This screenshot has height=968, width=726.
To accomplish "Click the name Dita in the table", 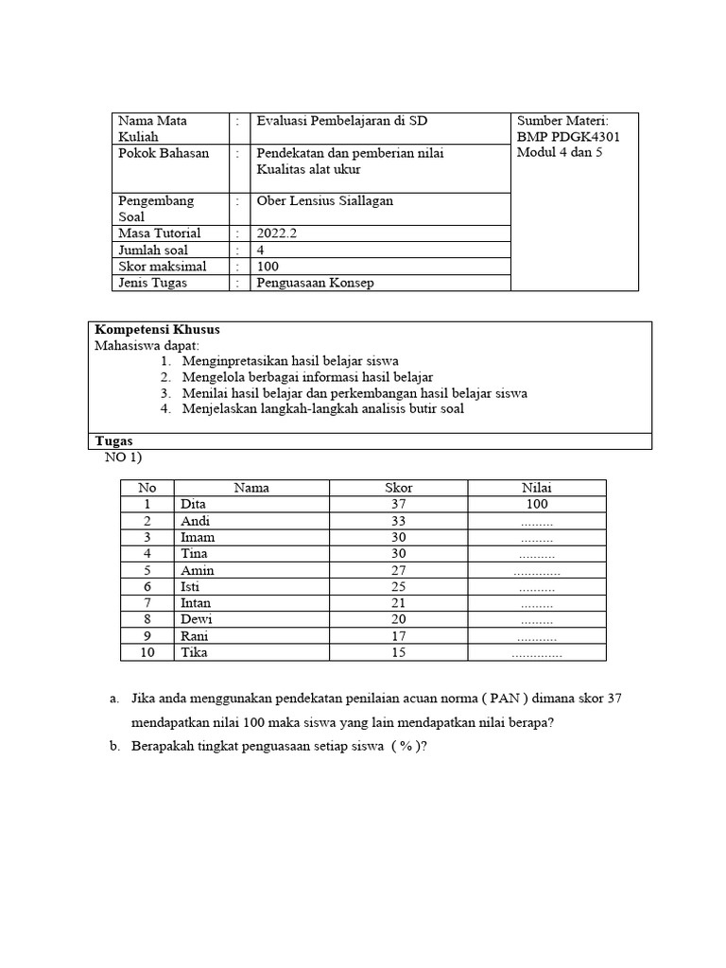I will tap(193, 505).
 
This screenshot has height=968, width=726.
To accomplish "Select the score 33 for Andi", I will tap(397, 521).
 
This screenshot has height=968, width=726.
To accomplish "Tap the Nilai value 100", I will tap(536, 505).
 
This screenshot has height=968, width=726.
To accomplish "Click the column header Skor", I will tap(398, 488).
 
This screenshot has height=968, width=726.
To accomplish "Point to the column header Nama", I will tap(251, 488).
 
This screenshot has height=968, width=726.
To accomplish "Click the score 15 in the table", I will tap(397, 652).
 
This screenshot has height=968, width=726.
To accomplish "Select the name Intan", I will tap(196, 603).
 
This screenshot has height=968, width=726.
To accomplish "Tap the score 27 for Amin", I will tap(397, 570).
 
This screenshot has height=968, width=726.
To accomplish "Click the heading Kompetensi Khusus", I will tap(158, 330).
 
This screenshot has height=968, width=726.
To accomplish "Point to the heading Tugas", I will tap(114, 441).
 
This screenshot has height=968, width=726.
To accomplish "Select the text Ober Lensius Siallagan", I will tap(325, 200).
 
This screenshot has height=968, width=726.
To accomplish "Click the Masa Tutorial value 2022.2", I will tap(276, 233).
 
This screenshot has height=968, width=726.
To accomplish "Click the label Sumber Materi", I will tap(562, 121).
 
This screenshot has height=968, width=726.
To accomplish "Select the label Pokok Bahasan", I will tap(164, 153).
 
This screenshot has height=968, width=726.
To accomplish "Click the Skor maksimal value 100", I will tap(268, 267).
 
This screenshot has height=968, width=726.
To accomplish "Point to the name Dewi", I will tap(196, 619).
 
